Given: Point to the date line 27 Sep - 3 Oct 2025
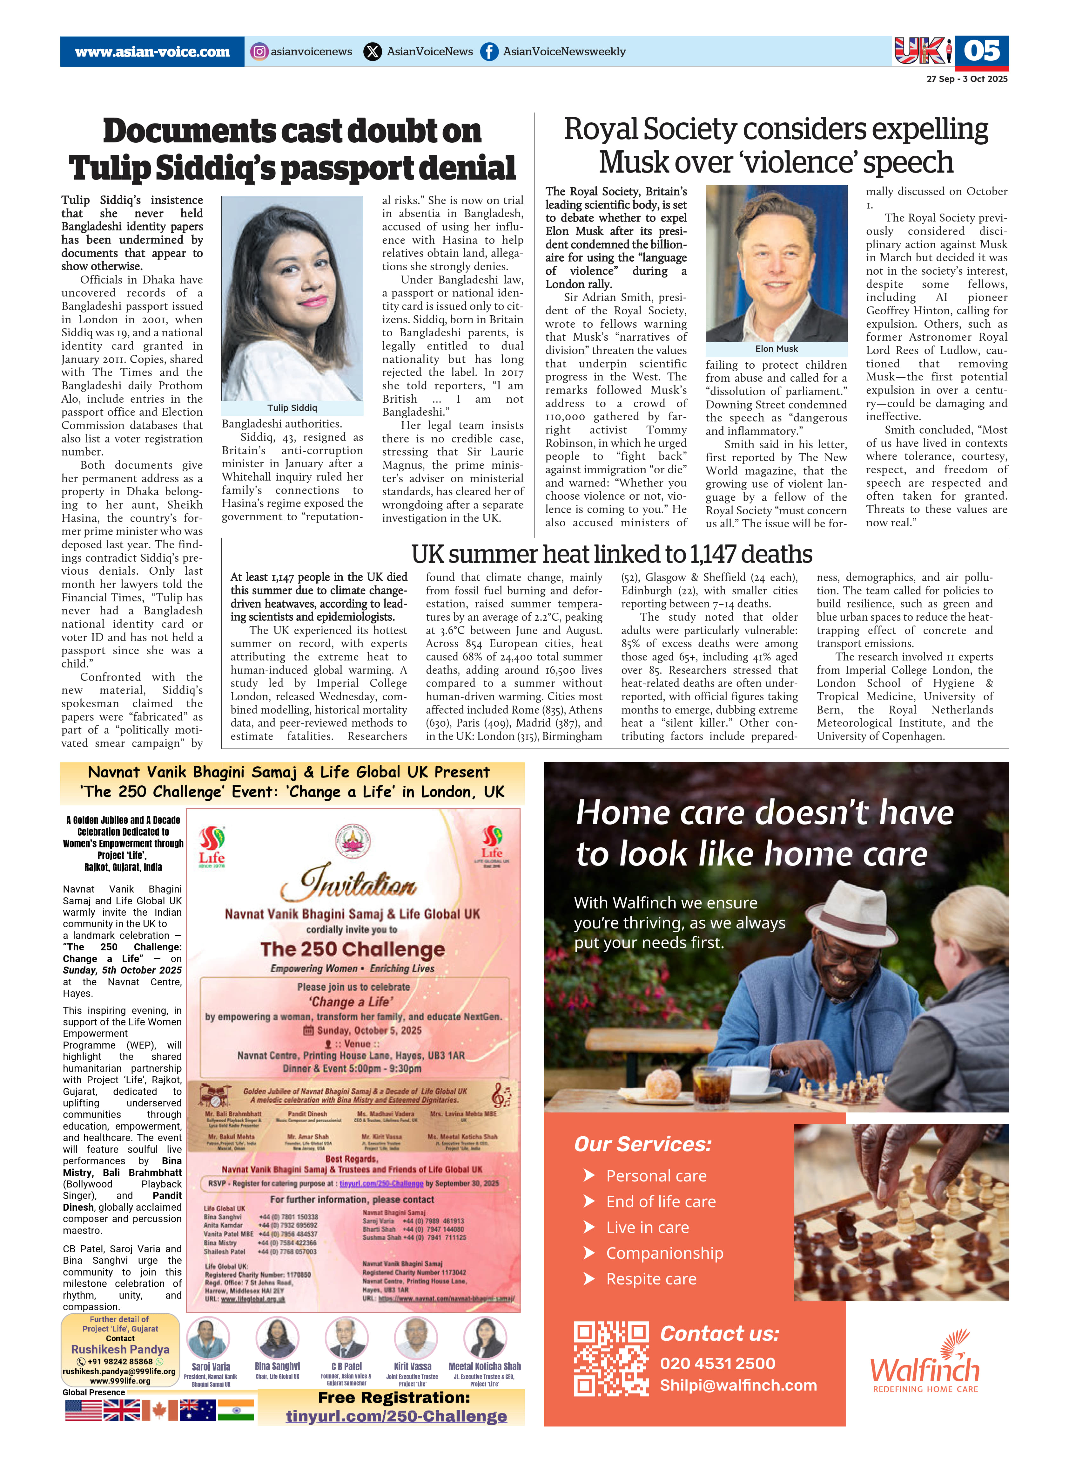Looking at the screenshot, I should point(967,79).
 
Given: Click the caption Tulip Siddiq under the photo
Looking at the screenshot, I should point(292,408).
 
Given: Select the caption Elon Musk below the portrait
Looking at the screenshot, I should point(777,349).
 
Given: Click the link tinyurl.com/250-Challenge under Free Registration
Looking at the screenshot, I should point(396,1416).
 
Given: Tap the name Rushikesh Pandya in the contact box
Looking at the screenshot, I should point(120,1349).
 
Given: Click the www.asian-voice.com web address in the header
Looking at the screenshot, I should point(152,52).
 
